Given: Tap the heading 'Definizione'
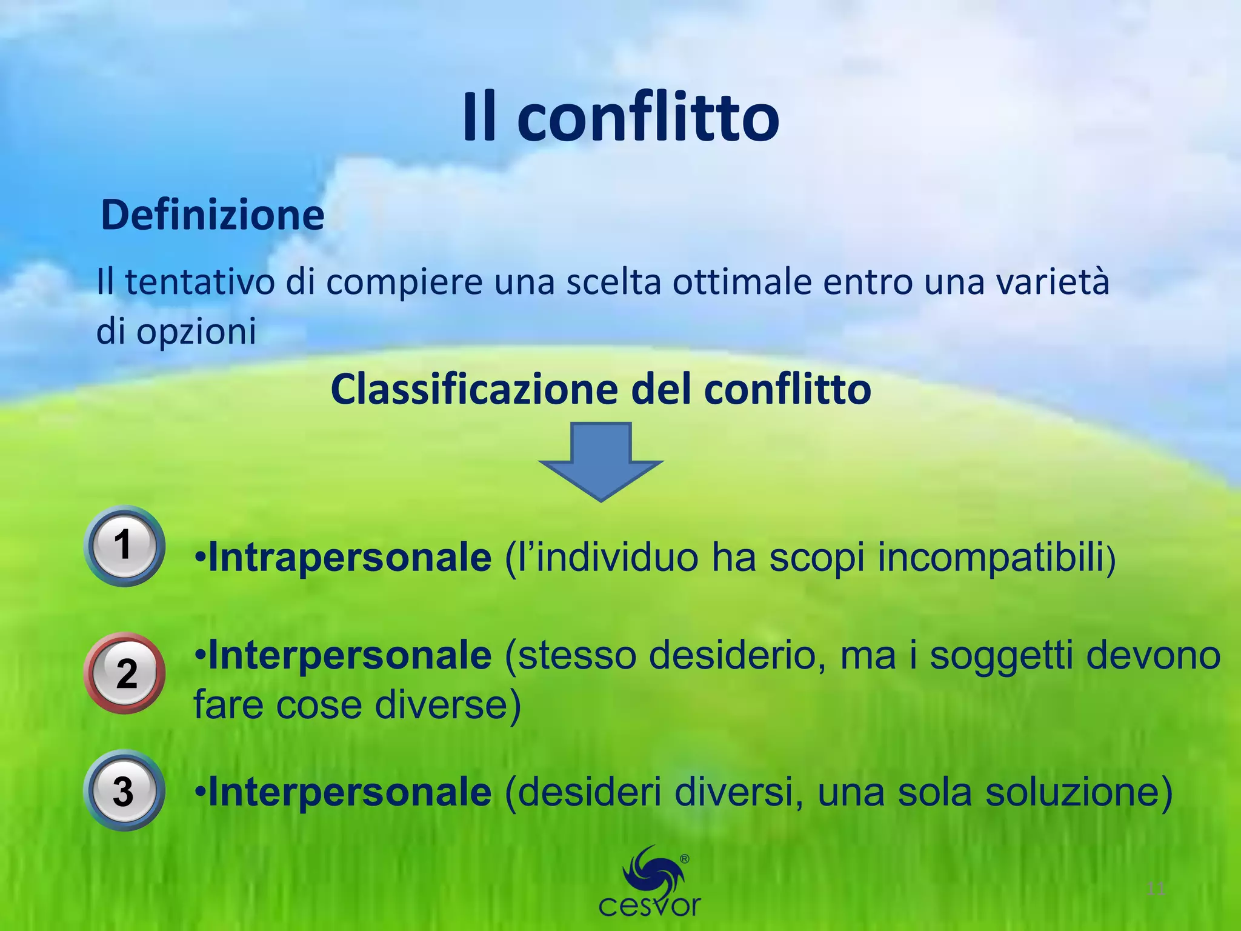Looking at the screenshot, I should pyautogui.click(x=213, y=215).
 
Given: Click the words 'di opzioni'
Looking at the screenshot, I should pyautogui.click(x=176, y=332).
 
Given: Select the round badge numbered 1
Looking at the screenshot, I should pyautogui.click(x=124, y=546).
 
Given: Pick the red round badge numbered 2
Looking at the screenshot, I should pyautogui.click(x=125, y=673).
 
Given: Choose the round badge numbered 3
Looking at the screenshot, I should pyautogui.click(x=124, y=790).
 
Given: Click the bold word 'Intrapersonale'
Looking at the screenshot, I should pyautogui.click(x=350, y=558).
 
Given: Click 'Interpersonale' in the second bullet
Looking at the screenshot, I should pyautogui.click(x=350, y=656).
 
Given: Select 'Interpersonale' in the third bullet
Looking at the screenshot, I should pyautogui.click(x=350, y=792).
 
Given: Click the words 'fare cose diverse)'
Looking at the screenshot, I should pyautogui.click(x=357, y=706).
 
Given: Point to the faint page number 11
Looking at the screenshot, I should pyautogui.click(x=1156, y=889).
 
